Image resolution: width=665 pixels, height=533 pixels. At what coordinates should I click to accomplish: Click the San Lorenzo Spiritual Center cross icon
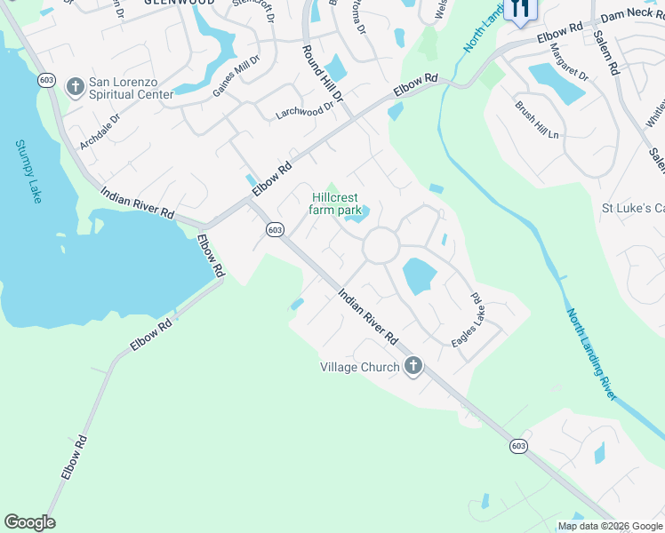click(76, 87)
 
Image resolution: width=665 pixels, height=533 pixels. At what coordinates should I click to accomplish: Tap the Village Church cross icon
click(413, 366)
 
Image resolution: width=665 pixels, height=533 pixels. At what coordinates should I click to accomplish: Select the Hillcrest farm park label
click(336, 204)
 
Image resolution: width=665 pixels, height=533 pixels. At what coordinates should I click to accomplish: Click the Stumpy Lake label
click(28, 171)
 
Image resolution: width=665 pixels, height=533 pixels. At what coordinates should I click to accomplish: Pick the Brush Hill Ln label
click(536, 119)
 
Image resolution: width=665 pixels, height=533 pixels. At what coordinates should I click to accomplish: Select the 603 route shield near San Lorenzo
click(47, 80)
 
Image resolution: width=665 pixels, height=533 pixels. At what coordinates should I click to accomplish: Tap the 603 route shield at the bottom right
click(518, 448)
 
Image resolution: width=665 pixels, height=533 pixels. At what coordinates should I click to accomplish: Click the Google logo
click(29, 522)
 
